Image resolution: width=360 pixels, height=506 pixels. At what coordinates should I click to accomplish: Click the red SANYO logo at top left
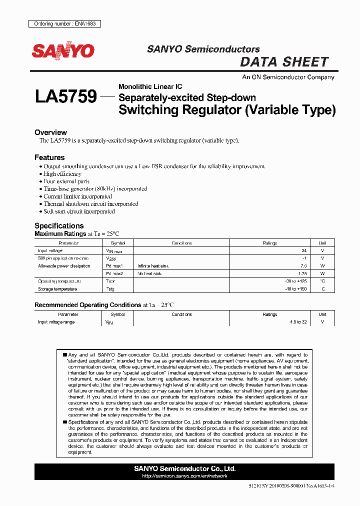pyautogui.click(x=63, y=50)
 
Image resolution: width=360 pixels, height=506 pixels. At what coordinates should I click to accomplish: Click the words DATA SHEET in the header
pyautogui.click(x=284, y=62)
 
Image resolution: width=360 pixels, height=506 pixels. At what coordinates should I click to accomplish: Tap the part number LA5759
pyautogui.click(x=65, y=96)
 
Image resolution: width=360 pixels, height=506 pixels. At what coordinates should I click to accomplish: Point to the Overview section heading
pyautogui.click(x=50, y=132)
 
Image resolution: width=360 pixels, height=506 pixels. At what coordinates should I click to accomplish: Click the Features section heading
pyautogui.click(x=49, y=157)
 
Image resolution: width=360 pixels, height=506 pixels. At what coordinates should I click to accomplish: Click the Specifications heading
pyautogui.click(x=59, y=225)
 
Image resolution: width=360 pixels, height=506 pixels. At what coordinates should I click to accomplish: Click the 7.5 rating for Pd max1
pyautogui.click(x=303, y=266)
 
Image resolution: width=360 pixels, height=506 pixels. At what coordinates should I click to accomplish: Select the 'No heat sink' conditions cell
pyautogui.click(x=151, y=273)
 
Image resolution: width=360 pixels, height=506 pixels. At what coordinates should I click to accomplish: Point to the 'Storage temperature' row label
pyautogui.click(x=57, y=289)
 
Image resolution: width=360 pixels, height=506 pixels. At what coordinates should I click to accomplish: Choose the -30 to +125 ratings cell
pyautogui.click(x=295, y=281)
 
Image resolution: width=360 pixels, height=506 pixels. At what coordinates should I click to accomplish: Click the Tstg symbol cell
pyautogui.click(x=110, y=289)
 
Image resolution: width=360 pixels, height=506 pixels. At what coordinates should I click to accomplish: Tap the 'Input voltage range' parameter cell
pyautogui.click(x=56, y=322)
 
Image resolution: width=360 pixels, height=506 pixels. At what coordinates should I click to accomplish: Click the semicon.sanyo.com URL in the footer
pyautogui.click(x=184, y=476)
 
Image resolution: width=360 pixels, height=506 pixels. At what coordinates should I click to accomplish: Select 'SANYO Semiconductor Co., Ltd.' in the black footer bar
pyautogui.click(x=184, y=468)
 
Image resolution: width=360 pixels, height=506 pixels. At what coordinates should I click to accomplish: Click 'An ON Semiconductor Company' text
pyautogui.click(x=288, y=77)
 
